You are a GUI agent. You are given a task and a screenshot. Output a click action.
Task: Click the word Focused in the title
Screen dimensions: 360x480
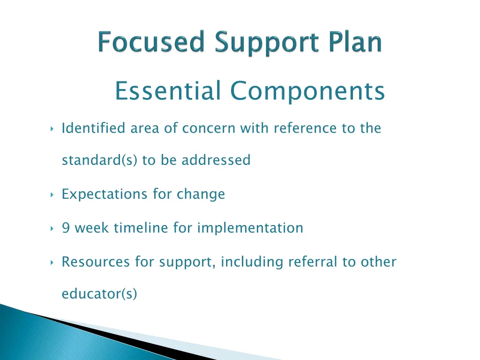point(151,43)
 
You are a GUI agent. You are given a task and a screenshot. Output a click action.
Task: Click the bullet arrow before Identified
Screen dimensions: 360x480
point(51,128)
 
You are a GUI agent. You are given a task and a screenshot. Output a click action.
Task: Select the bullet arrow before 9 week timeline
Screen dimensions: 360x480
point(51,228)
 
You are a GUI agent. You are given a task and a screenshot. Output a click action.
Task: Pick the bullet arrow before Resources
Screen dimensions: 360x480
point(51,262)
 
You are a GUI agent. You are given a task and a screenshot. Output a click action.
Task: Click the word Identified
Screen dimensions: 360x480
point(93,128)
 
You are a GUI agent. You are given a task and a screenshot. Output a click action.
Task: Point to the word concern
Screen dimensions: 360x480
point(209,128)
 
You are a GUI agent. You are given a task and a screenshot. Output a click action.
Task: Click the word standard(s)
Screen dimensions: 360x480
point(100,160)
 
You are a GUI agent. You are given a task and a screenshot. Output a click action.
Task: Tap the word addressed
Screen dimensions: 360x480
point(216,160)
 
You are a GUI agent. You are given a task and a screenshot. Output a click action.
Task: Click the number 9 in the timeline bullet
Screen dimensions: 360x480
point(66,228)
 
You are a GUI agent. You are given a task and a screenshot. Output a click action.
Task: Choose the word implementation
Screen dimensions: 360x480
point(250,228)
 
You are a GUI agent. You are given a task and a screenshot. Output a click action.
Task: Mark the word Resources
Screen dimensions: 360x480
point(96,262)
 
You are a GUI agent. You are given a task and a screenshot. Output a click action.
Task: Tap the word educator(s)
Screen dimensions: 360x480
point(99,294)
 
